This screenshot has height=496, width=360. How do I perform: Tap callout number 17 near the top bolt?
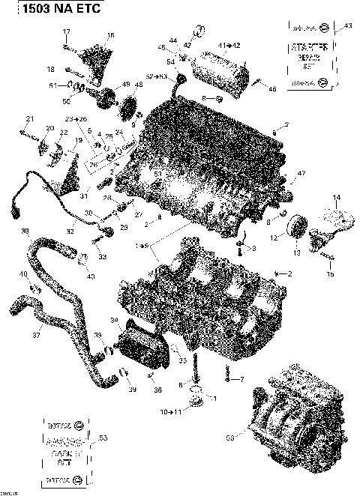pos(66,31)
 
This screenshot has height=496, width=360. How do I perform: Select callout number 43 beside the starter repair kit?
pos(347,27)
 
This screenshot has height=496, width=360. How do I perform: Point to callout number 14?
pos(336,197)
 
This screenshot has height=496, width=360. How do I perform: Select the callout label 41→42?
pos(229,46)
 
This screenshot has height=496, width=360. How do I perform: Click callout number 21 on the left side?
pos(30,119)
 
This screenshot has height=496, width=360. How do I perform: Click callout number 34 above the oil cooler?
pos(113,321)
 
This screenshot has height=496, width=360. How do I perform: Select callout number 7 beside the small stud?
pos(242,380)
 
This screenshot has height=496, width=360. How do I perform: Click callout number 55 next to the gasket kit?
pos(103,438)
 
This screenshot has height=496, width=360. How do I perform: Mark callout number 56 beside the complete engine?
pos(230,435)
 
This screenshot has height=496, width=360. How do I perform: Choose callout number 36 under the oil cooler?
pos(157,390)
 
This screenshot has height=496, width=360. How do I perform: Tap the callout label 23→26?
pos(75,119)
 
